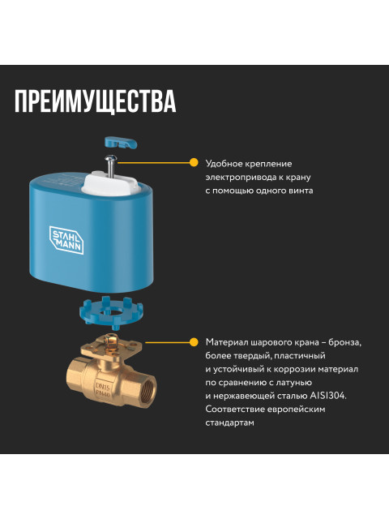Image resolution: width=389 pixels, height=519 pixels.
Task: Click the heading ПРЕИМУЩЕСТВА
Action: (x=96, y=101)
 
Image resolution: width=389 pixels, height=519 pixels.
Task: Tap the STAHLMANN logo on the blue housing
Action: (x=66, y=240)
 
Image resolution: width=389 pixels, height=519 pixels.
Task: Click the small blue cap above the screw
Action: (x=121, y=142)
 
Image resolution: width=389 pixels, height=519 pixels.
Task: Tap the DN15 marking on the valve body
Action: (x=103, y=386)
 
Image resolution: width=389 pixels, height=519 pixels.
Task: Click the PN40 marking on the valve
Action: (x=103, y=393)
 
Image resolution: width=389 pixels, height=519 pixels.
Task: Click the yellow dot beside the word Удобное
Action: (x=194, y=163)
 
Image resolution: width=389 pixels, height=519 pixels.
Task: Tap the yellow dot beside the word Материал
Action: (x=194, y=342)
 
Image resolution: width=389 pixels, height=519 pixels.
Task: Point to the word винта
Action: (x=301, y=191)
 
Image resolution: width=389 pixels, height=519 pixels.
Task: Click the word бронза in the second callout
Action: (x=344, y=342)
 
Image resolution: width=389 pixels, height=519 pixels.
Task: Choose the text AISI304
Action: (x=327, y=396)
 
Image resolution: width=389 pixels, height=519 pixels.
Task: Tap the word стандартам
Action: (x=230, y=422)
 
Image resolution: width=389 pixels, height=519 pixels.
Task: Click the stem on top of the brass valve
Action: (x=110, y=341)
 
